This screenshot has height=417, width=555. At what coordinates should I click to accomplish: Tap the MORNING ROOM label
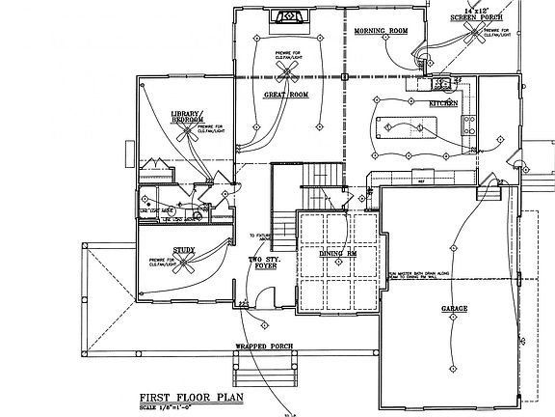[x=382, y=31]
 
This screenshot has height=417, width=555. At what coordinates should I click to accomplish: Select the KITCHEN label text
[x=443, y=101]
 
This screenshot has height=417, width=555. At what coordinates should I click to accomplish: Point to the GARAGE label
[x=455, y=308]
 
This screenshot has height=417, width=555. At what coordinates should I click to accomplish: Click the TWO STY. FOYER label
[x=265, y=264]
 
